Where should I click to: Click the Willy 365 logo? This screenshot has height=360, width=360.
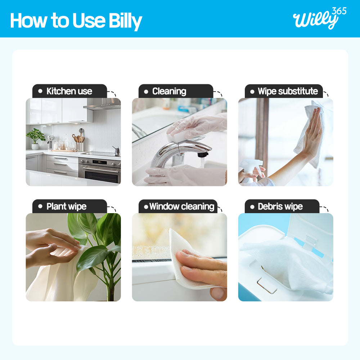tap(320, 18)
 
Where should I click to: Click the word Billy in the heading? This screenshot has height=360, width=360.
tap(125, 21)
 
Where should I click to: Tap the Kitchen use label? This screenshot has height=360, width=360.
tap(69, 91)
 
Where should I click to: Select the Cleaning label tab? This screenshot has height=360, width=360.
tap(176, 91)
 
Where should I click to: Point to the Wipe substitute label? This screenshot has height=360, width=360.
tap(284, 91)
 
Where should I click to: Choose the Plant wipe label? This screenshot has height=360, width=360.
tap(69, 206)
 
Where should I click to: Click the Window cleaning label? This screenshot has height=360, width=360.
tap(178, 206)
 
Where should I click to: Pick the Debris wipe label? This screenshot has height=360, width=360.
tap(282, 206)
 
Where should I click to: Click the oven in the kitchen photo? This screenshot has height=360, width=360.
tap(99, 170)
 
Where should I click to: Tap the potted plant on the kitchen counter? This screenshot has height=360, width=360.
tap(36, 139)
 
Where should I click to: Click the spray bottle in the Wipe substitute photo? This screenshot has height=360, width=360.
tap(250, 170)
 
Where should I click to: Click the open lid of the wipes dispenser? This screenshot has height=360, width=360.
tap(310, 234)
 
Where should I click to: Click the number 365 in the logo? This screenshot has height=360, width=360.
tap(339, 11)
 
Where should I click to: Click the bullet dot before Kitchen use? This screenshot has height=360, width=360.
tap(40, 91)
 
